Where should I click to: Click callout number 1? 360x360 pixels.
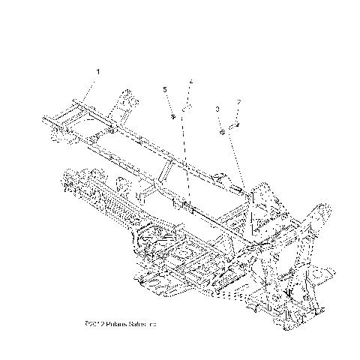pos(97,71)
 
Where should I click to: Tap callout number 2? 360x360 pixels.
pos(238,103)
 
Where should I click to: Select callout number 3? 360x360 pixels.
pos(217,109)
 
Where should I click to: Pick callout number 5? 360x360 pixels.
pos(165,90)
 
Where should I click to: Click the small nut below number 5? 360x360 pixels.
pos(173,116)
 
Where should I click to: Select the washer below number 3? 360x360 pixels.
pos(223,132)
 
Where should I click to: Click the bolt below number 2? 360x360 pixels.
pos(234,124)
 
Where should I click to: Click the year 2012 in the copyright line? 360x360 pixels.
pos(96,324)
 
